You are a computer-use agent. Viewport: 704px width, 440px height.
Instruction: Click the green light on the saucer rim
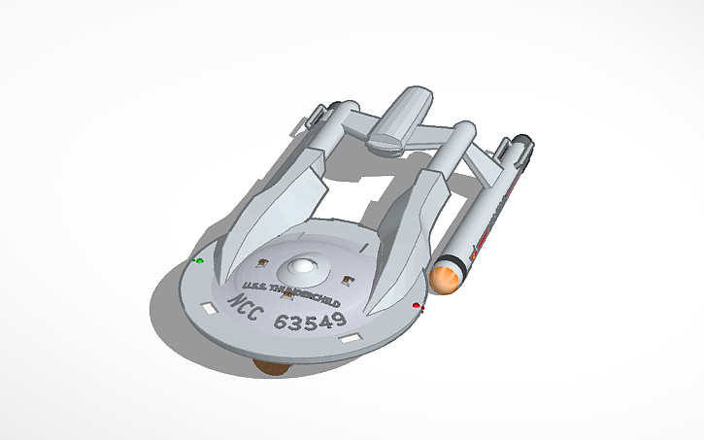(x=200, y=261)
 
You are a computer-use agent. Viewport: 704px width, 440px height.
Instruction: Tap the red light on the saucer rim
(x=417, y=306)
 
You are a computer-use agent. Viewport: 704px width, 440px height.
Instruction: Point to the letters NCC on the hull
(x=246, y=302)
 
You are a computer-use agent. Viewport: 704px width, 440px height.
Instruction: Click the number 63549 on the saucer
(x=311, y=320)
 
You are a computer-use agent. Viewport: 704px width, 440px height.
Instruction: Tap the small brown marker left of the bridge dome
(x=262, y=261)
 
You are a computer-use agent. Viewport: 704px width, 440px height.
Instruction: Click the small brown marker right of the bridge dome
(x=348, y=280)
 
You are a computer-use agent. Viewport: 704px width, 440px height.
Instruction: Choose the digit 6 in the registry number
(x=280, y=320)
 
